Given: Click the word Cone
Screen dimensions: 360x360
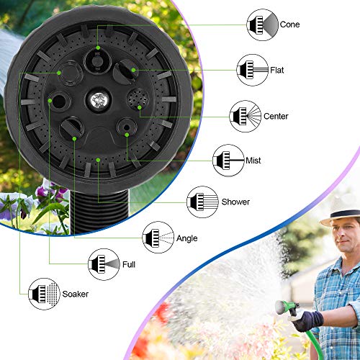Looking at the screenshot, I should [x=291, y=24].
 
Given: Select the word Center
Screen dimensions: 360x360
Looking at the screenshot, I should [x=276, y=117].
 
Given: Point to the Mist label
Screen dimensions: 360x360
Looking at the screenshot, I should [x=253, y=161].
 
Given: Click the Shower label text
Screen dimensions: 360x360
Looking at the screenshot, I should [x=235, y=202].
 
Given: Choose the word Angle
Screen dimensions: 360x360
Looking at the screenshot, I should [x=186, y=238].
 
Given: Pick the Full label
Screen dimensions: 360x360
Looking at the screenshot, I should [x=129, y=264].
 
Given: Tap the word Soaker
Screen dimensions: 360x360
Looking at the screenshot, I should [x=75, y=294].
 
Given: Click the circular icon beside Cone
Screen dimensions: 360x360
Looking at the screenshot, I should [x=261, y=24].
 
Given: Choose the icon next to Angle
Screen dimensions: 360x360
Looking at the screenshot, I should [x=158, y=237].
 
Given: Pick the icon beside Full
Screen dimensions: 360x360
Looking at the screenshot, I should [x=102, y=264].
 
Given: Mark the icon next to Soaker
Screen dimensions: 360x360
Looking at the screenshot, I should [x=43, y=294].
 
